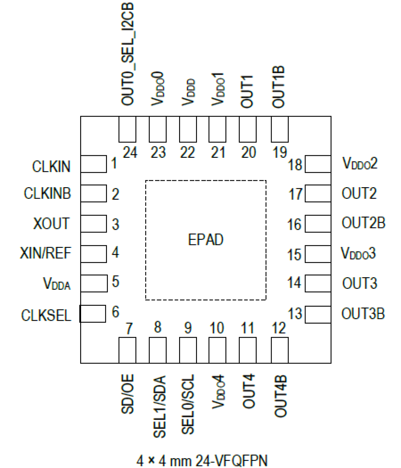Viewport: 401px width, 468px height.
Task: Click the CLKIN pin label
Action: click(51, 166)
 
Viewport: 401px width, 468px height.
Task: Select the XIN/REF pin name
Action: click(45, 253)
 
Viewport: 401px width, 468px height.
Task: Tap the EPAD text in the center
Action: click(206, 240)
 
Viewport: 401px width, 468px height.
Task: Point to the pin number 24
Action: click(130, 153)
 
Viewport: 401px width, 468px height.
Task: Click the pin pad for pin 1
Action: click(94, 164)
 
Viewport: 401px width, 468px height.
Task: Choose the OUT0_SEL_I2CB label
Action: click(128, 54)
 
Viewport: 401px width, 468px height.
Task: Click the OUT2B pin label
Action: click(363, 223)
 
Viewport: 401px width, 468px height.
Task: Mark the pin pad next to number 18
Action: click(318, 164)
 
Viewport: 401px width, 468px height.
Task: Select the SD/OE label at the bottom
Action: click(127, 394)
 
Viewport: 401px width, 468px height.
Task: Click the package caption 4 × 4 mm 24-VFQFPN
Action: click(202, 461)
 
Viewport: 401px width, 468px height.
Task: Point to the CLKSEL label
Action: click(46, 315)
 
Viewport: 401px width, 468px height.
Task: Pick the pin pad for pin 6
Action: click(93, 313)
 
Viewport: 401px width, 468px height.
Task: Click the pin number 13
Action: click(295, 314)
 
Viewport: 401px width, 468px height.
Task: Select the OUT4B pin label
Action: click(280, 396)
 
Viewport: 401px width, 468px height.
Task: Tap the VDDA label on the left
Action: click(57, 283)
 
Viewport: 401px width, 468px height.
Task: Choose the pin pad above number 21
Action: click(217, 129)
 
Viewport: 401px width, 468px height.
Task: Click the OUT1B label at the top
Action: click(278, 87)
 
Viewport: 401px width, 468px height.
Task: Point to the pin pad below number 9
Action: click(188, 350)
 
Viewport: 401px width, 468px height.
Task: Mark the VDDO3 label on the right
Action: click(358, 253)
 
